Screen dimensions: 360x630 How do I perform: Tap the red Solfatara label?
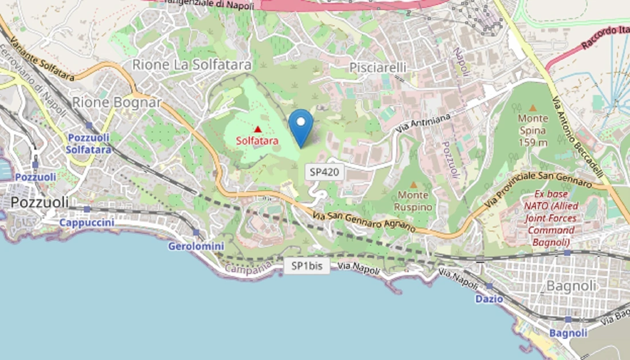pyautogui.click(x=257, y=140)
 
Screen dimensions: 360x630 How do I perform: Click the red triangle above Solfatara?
pyautogui.click(x=257, y=129)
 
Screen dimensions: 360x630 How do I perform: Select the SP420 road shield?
pyautogui.click(x=324, y=171)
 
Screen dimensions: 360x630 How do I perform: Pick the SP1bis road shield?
pyautogui.click(x=307, y=266)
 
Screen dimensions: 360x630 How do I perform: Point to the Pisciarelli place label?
pyautogui.click(x=377, y=68)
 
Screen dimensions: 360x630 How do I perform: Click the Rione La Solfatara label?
pyautogui.click(x=191, y=65)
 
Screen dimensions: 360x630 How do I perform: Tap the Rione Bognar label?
pyautogui.click(x=117, y=103)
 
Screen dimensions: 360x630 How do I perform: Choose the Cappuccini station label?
pyautogui.click(x=87, y=222)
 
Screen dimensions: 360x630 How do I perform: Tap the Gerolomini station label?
pyautogui.click(x=195, y=246)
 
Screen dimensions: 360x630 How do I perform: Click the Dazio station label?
pyautogui.click(x=489, y=299)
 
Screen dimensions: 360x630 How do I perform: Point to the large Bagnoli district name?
pyautogui.click(x=572, y=285)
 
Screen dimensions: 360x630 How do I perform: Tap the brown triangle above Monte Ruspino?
pyautogui.click(x=413, y=185)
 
